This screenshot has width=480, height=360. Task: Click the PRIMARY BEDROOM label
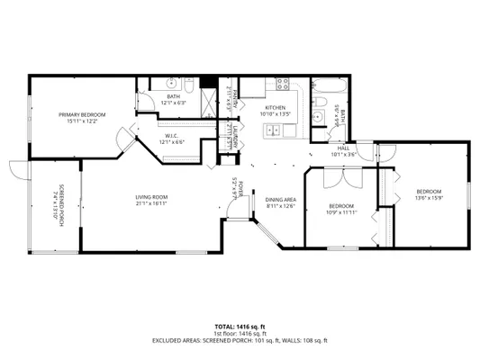pos(82,114)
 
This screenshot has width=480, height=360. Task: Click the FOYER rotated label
pos(233,188)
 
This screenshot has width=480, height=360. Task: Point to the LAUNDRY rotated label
pos(232,137)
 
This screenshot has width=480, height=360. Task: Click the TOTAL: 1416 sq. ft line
pos(240,326)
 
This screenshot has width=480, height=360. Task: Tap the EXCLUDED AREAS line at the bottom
pos(240,340)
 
